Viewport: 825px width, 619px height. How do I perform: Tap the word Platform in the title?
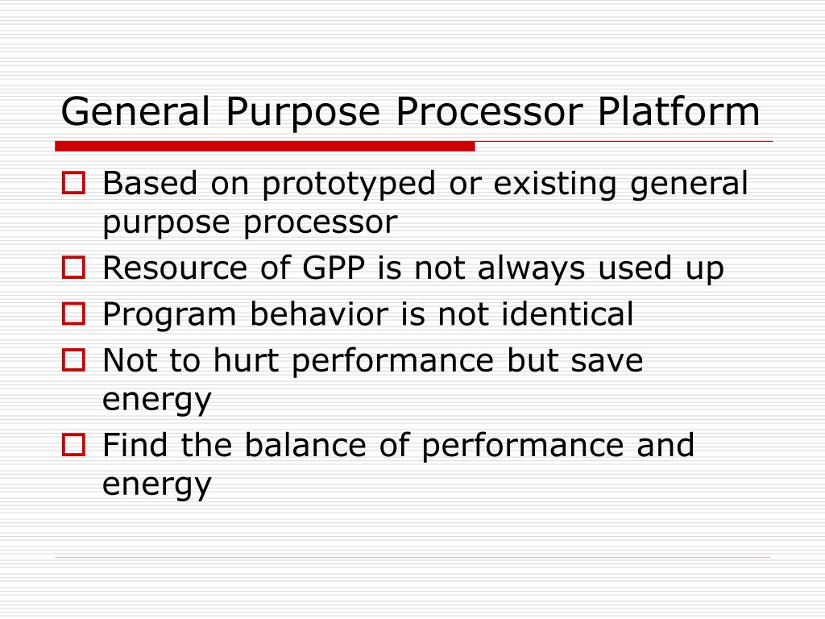point(678,112)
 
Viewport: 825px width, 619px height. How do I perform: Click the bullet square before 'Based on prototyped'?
point(73,185)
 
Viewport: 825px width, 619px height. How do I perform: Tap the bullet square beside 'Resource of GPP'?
point(73,268)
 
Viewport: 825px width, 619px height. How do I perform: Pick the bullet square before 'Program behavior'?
point(73,314)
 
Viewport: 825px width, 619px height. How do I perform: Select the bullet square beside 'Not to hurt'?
point(73,361)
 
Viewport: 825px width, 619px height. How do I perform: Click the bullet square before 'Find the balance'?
point(73,445)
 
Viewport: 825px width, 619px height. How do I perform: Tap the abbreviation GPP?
point(333,268)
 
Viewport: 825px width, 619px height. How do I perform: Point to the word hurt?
point(247,361)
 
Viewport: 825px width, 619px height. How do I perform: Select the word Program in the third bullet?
point(170,314)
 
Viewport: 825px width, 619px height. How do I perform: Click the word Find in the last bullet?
point(136,445)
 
